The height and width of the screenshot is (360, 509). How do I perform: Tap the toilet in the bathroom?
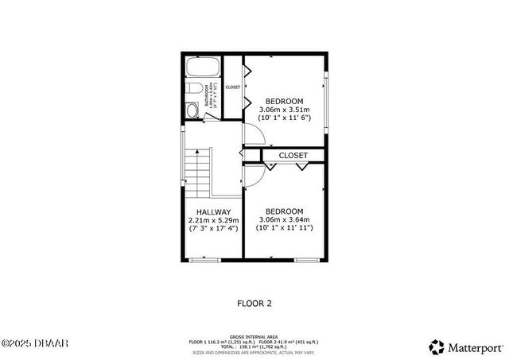tap(192, 110)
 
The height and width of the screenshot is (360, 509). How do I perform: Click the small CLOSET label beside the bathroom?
tap(233, 87)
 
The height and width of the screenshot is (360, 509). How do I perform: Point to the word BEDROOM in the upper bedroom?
tap(284, 101)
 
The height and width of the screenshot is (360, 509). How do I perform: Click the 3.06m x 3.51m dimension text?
tap(284, 110)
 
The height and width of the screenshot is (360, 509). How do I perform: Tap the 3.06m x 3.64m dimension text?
tap(284, 219)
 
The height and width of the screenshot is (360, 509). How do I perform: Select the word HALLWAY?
tap(209, 211)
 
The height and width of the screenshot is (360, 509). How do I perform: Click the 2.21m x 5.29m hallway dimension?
tap(209, 220)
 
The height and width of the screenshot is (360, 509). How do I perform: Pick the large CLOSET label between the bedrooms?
tap(293, 155)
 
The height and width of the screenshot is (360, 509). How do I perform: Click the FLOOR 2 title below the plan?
tap(254, 303)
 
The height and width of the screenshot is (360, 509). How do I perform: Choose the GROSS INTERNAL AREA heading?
tap(254, 336)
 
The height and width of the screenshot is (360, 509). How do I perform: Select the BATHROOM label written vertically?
tap(207, 96)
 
